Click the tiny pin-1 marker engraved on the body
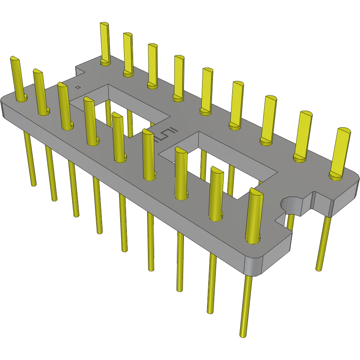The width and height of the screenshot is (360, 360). (x=77, y=88)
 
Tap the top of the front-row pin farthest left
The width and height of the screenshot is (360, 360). (x=15, y=60)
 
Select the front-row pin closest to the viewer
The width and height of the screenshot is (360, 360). (x=255, y=215)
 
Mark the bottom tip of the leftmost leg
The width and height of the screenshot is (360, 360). (x=33, y=184)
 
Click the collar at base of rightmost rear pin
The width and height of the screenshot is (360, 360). (x=336, y=175)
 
